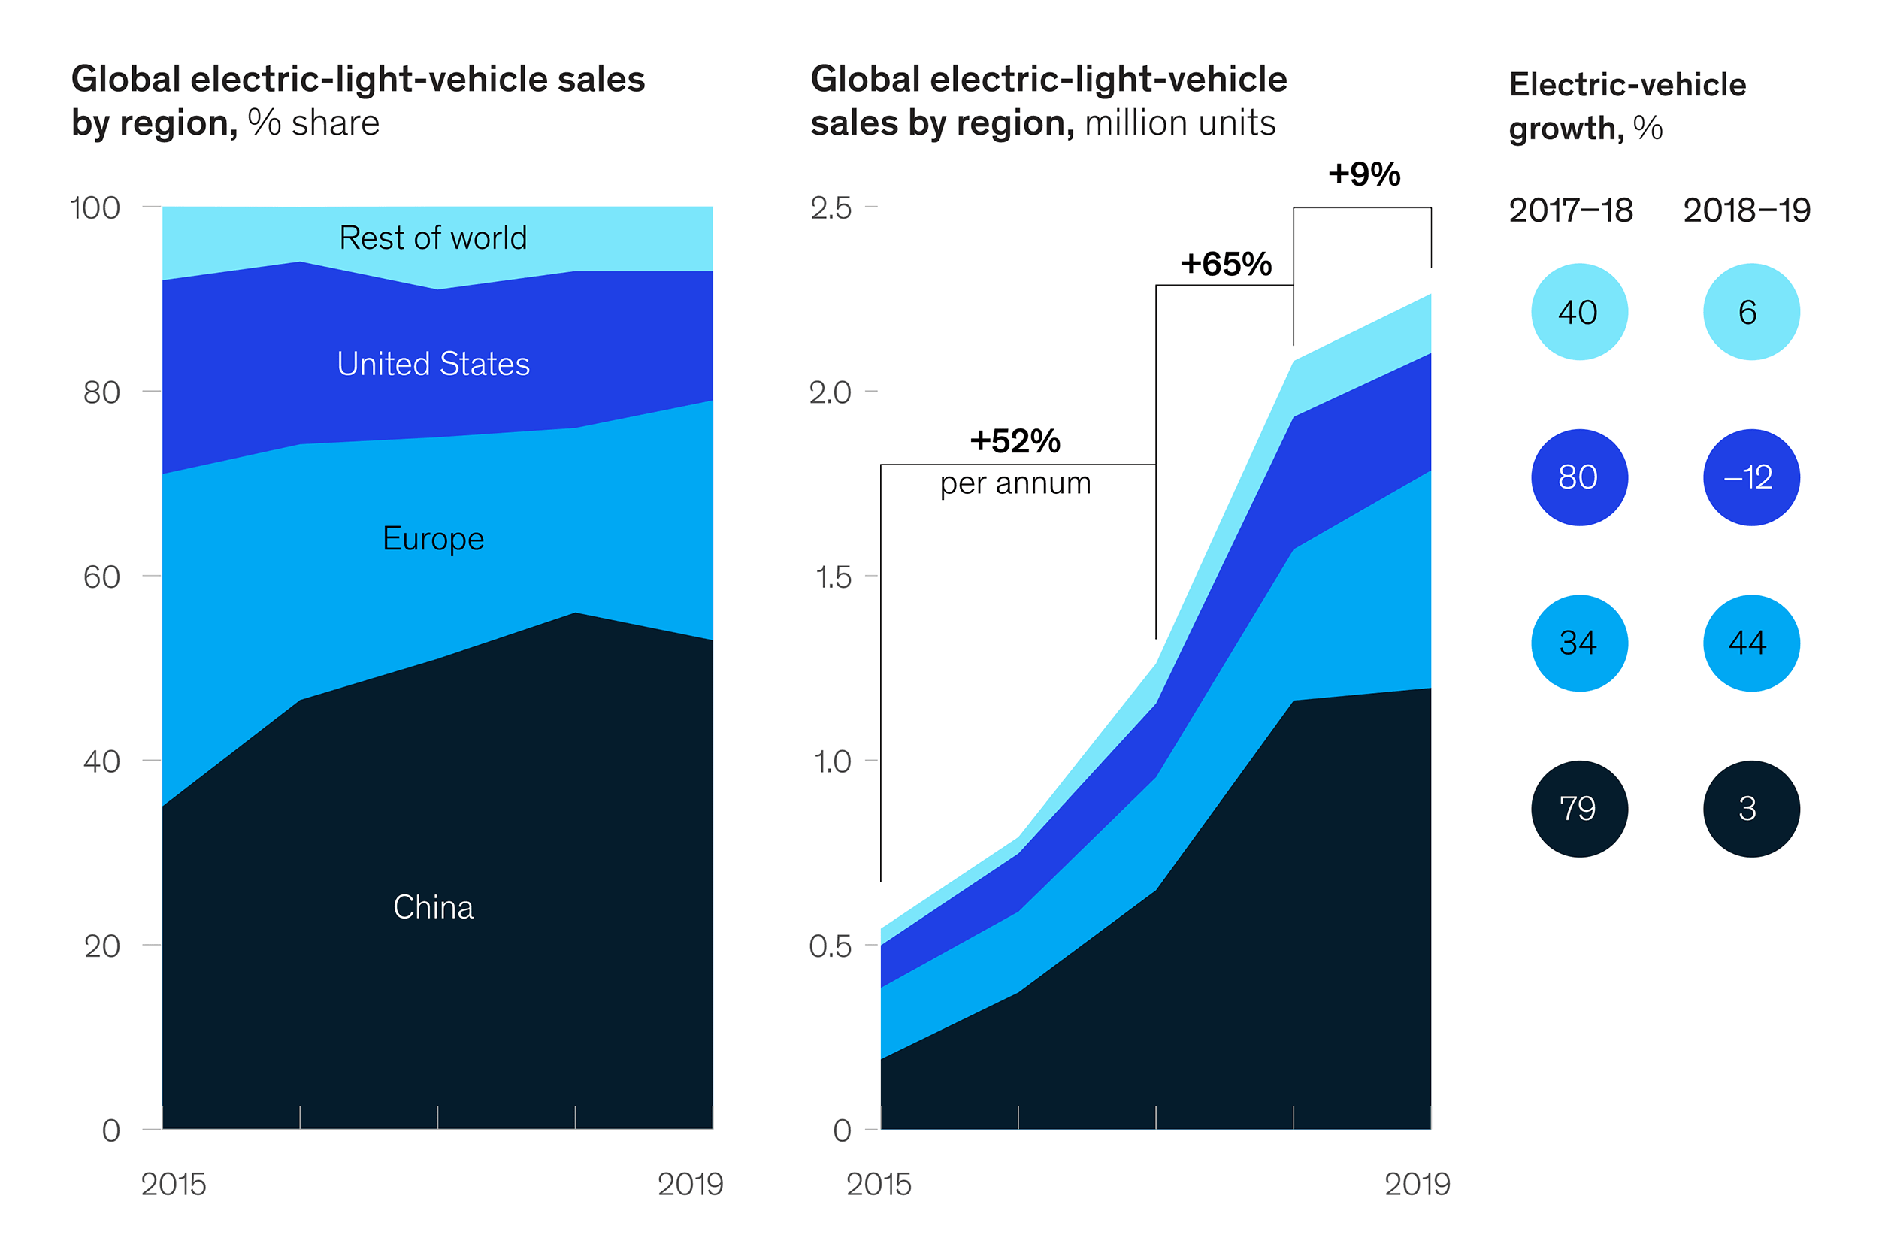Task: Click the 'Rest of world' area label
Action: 433,238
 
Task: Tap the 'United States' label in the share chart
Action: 433,364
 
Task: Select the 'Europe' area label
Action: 433,539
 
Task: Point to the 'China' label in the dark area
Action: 433,907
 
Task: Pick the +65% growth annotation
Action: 1225,263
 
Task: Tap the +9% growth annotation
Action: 1363,174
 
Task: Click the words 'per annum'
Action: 1015,483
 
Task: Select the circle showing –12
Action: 1750,478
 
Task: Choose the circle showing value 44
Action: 1750,643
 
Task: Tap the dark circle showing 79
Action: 1578,809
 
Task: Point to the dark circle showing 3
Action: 1750,809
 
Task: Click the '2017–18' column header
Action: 1570,210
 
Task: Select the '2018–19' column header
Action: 1746,210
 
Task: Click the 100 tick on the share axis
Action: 95,208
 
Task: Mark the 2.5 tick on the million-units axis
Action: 830,208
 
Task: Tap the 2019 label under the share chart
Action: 689,1185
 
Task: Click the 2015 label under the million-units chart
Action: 878,1185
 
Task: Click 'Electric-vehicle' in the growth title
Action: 1627,84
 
